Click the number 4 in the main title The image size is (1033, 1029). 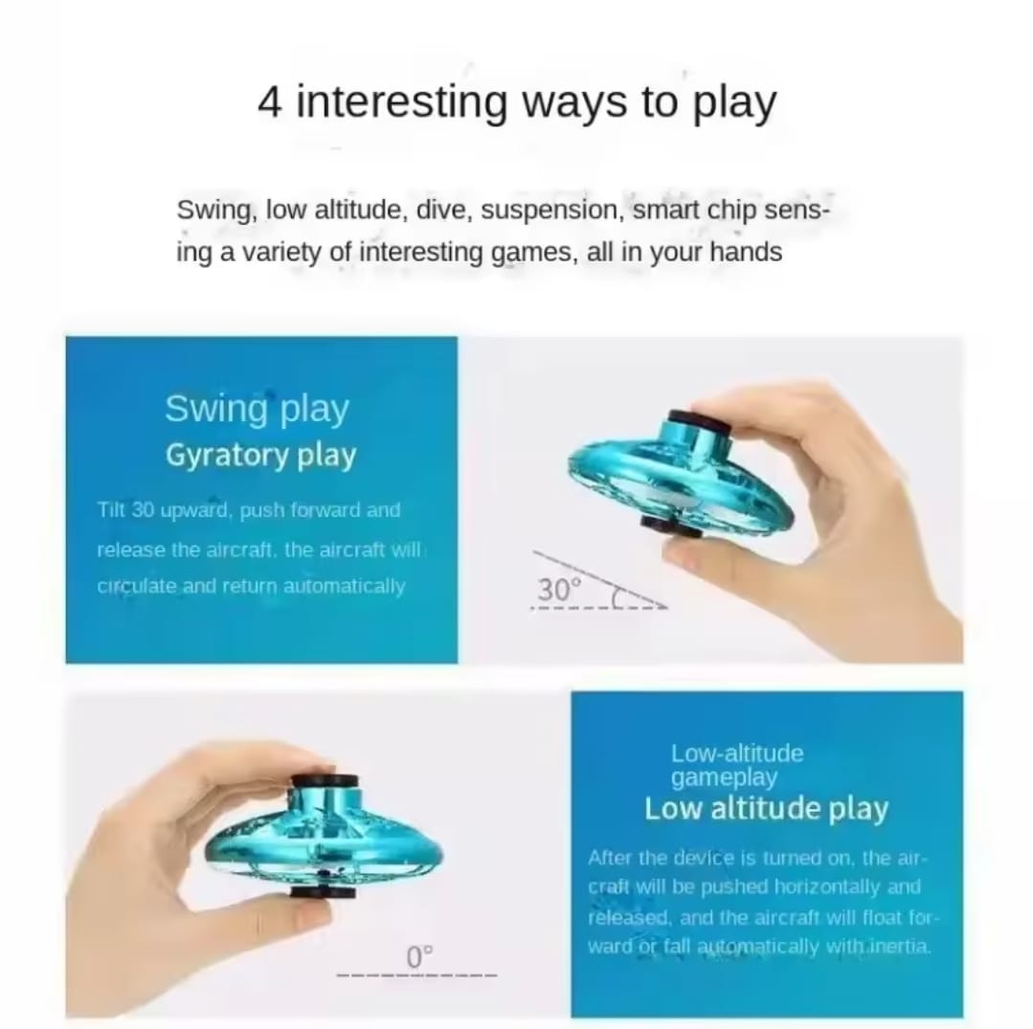point(269,102)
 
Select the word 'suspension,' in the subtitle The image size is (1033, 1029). point(552,211)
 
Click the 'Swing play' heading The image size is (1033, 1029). point(257,409)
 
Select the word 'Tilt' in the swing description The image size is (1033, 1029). point(110,510)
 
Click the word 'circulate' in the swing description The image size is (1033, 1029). point(136,586)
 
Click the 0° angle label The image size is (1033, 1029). point(419,957)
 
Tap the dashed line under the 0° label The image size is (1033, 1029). point(417,974)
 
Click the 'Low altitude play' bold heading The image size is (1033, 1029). point(766,809)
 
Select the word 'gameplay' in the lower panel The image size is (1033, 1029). point(724,778)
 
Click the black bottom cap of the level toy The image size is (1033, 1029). point(323,892)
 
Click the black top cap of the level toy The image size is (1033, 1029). point(325,781)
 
